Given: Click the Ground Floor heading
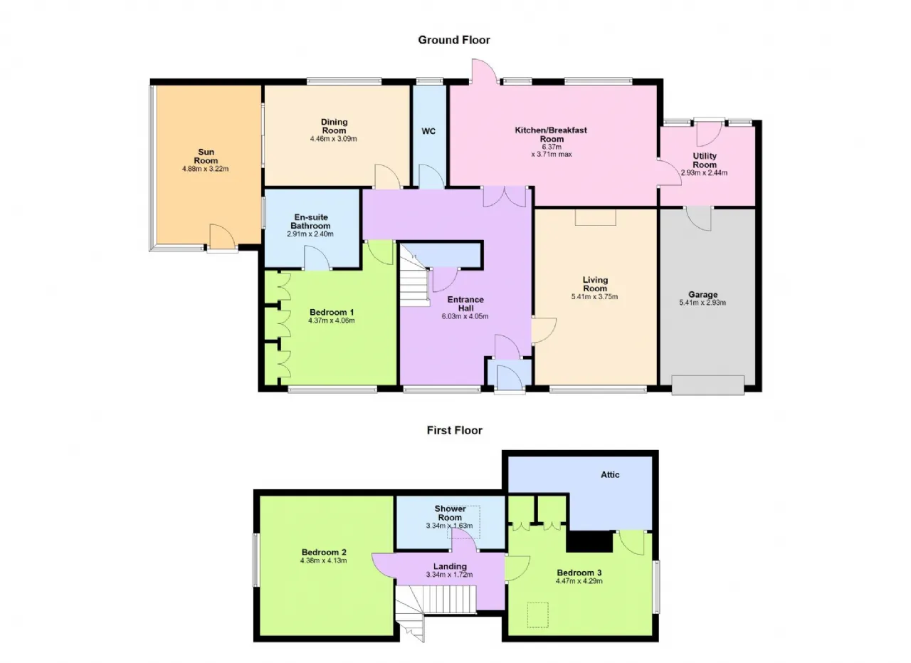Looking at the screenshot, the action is coord(454,40).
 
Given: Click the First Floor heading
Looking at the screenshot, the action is coord(454,430).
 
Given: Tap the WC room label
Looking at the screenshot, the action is coord(428,131).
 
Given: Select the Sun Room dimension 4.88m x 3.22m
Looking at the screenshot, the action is coord(206,169).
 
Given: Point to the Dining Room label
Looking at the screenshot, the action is coord(334,126).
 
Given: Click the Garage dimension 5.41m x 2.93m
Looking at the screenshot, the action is coord(702,303).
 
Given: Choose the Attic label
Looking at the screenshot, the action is coord(610,474).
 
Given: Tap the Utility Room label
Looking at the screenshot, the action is coord(705,160).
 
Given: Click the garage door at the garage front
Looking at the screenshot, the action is coord(708,385).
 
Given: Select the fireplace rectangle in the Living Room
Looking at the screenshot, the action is coord(596,217).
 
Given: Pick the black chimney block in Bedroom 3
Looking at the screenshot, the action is coord(590,541).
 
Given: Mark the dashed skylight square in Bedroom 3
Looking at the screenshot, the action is coord(538,615).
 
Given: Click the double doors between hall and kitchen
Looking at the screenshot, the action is coord(505,197).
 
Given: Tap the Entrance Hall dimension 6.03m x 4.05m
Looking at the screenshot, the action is coord(465,316).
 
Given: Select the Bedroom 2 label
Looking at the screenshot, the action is coord(324,553).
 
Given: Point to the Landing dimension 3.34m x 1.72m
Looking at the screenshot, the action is coord(449,575).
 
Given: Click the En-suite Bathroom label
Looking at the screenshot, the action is coord(311,221).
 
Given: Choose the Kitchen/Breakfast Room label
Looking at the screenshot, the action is coord(551,135).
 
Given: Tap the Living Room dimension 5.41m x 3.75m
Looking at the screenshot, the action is coord(594,297).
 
